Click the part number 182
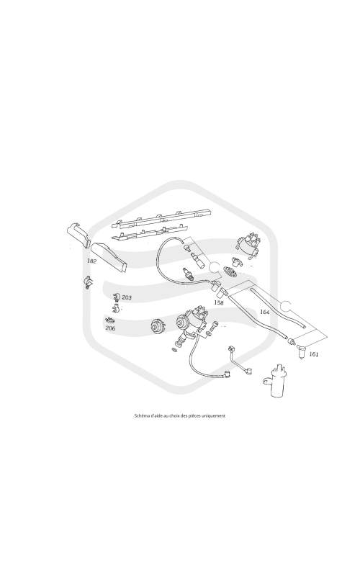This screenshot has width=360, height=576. (91, 261)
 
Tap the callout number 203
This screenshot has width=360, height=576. (127, 297)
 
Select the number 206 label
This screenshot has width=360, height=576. (110, 328)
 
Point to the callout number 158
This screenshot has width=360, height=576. (219, 302)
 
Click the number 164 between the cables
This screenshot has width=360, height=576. (264, 312)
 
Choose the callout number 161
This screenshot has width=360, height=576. (314, 354)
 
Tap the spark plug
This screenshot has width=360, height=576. (188, 274)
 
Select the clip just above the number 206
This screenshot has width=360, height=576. (109, 320)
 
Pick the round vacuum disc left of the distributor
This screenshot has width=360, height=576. (158, 326)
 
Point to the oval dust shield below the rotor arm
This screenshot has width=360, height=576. (230, 272)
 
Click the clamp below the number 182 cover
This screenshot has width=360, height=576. (88, 282)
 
